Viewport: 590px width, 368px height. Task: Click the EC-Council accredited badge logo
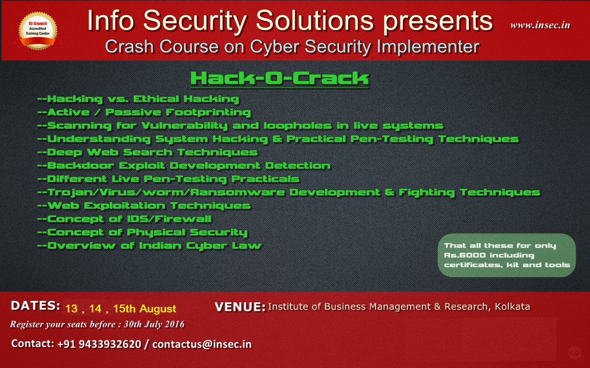[x=38, y=31]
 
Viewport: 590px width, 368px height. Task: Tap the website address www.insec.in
[x=540, y=25]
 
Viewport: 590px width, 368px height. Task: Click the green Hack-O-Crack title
[x=280, y=79]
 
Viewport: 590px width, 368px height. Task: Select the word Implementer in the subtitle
[x=428, y=47]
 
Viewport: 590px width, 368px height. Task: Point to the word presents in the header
[x=438, y=22]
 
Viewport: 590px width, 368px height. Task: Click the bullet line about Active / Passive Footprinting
[x=144, y=113]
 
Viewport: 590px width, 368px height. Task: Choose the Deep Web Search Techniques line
[x=147, y=152]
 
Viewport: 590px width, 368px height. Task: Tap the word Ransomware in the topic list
[x=237, y=192]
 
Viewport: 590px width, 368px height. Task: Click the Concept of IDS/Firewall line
[x=124, y=219]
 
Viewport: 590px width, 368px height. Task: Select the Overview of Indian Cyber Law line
[x=149, y=246]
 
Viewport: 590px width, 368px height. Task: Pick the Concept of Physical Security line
[x=142, y=232]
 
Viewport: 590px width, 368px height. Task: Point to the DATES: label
[x=35, y=306]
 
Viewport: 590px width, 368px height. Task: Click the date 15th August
[x=145, y=309]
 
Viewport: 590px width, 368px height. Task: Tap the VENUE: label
[x=240, y=307]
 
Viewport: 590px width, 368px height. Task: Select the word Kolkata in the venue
[x=512, y=306]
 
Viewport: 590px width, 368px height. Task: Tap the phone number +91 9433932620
[x=99, y=344]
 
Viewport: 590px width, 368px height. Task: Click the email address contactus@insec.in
[x=202, y=345]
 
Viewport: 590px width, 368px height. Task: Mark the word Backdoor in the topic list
[x=81, y=166]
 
